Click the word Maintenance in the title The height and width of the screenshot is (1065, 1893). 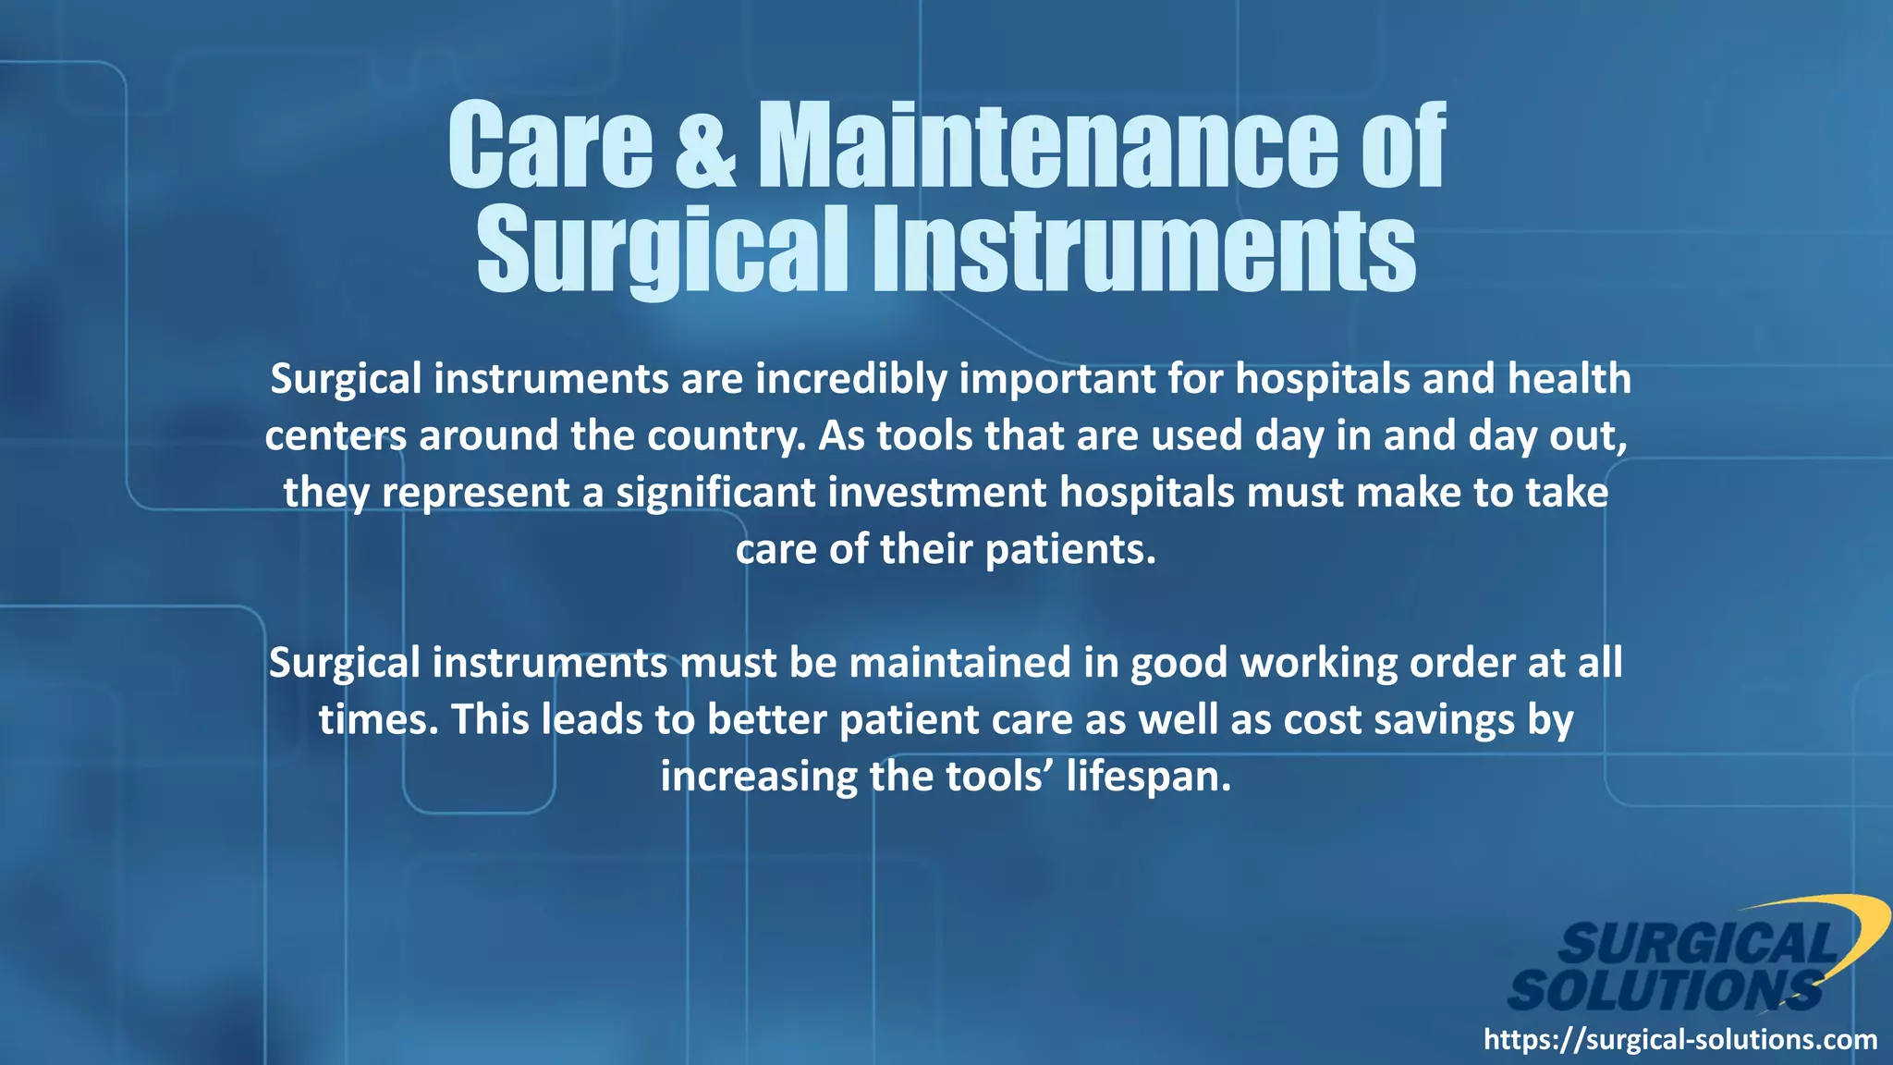tap(1047, 146)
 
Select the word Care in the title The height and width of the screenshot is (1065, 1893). tap(551, 146)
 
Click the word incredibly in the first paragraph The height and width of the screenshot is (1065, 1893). tap(850, 380)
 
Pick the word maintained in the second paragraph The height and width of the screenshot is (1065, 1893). tap(959, 664)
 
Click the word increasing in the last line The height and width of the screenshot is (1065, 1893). tap(758, 777)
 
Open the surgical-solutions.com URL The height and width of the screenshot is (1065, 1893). tap(1679, 1040)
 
